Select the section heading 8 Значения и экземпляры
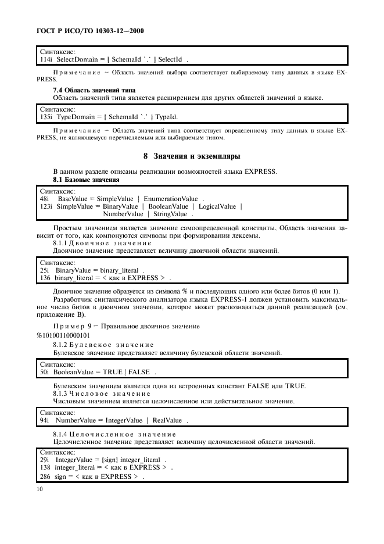pos(192,156)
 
